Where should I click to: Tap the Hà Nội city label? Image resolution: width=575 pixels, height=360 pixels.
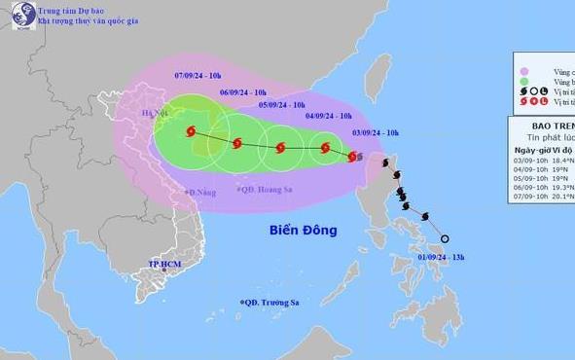155,114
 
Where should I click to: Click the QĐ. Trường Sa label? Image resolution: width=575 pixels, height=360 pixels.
270,303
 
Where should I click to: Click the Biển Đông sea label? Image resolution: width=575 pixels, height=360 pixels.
303,231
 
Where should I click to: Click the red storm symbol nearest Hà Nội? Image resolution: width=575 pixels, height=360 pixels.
191,132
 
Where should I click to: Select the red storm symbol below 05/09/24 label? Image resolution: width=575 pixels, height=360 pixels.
280,149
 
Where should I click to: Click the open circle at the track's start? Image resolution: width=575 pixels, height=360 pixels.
445,238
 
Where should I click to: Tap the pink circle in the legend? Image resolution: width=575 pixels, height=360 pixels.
524,70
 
